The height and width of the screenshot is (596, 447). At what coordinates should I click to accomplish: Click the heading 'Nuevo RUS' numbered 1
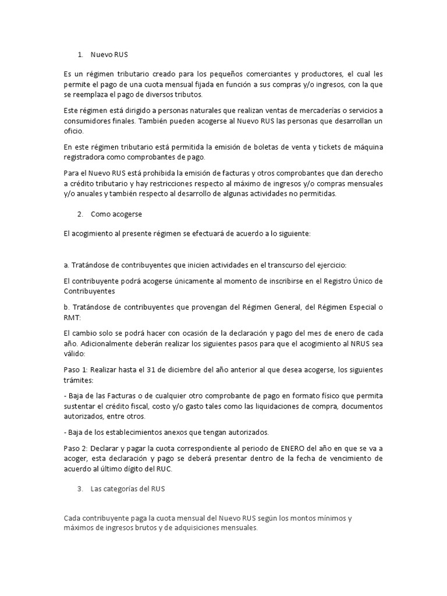click(109, 55)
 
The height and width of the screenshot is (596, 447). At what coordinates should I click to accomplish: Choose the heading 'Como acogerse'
click(116, 214)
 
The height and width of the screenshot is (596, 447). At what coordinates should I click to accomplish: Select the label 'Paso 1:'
click(76, 370)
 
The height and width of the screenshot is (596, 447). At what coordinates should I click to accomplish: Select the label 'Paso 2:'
click(76, 448)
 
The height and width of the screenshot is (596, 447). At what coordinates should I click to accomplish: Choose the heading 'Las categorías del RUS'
click(128, 489)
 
